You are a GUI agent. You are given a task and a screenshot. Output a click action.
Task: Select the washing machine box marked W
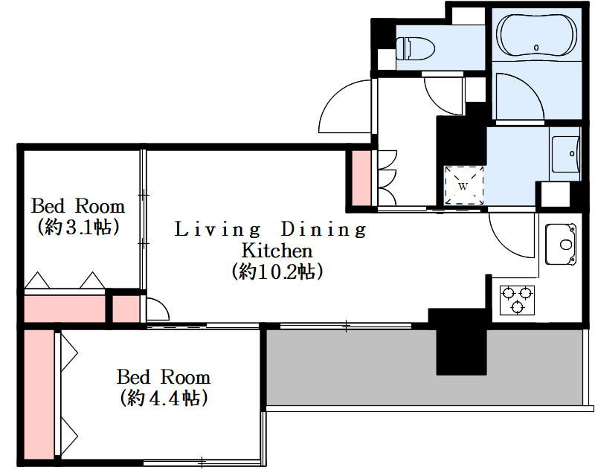(x=464, y=186)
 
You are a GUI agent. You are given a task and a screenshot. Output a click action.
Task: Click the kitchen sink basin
(x=561, y=244)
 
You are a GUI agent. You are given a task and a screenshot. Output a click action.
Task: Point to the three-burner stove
(x=517, y=300)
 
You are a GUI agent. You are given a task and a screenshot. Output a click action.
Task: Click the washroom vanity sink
(x=566, y=154)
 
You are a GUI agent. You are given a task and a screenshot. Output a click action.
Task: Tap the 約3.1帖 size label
(x=78, y=228)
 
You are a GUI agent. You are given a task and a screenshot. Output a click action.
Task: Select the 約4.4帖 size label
(x=164, y=398)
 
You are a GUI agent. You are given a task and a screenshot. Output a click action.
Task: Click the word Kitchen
(x=277, y=251)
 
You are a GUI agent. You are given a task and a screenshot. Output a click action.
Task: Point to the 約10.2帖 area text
(x=277, y=271)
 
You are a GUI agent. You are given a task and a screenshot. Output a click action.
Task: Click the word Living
(x=217, y=230)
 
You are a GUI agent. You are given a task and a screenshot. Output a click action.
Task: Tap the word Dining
(x=324, y=230)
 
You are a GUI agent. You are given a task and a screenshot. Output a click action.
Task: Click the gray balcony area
(x=425, y=367)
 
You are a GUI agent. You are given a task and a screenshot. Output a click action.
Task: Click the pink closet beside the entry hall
(x=361, y=178)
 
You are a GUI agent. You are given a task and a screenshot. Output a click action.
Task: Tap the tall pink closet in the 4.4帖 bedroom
(x=39, y=394)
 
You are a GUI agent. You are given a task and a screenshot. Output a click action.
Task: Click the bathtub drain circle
(x=536, y=48)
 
